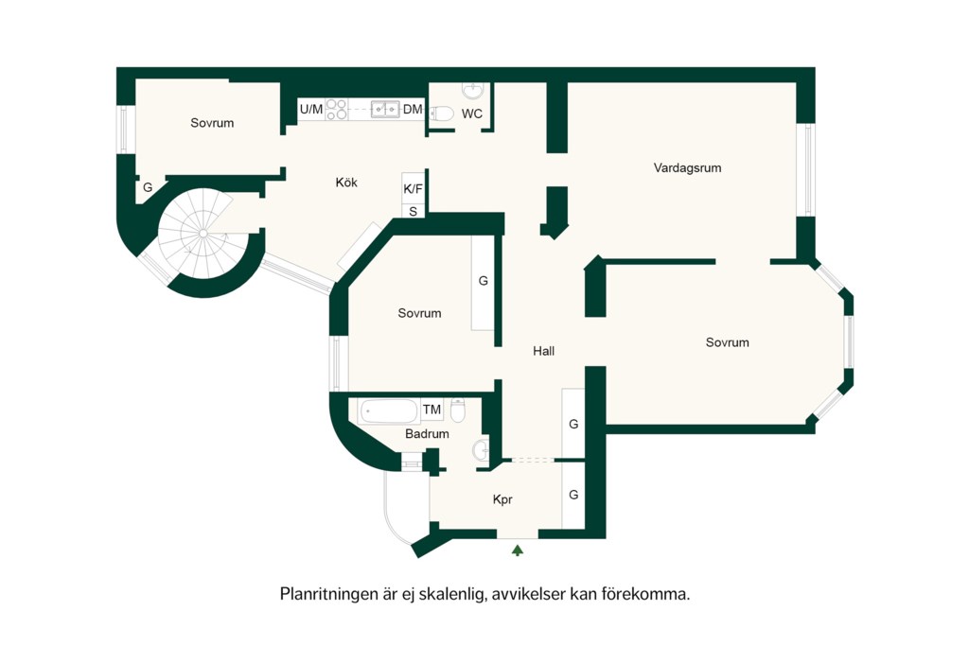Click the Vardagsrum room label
click(x=687, y=168)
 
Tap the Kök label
click(x=346, y=183)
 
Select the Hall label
click(x=544, y=351)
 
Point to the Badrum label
click(x=427, y=433)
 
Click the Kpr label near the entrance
click(x=502, y=499)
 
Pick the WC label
click(x=472, y=113)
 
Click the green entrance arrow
click(x=518, y=550)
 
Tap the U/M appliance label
click(x=310, y=110)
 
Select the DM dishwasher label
click(x=413, y=110)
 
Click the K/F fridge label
click(x=413, y=189)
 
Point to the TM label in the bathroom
click(x=432, y=409)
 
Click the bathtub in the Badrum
click(x=389, y=411)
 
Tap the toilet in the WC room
click(x=443, y=113)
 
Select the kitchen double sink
click(x=384, y=110)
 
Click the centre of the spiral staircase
click(x=203, y=233)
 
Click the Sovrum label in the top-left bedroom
click(x=212, y=123)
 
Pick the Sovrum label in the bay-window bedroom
click(x=728, y=342)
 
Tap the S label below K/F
click(x=414, y=211)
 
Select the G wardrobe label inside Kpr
click(x=573, y=495)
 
